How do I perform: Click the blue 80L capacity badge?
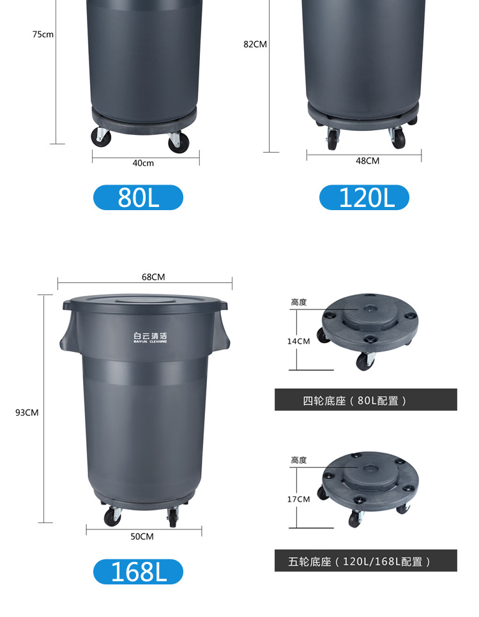pyautogui.click(x=138, y=197)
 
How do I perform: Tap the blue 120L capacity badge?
pyautogui.click(x=364, y=197)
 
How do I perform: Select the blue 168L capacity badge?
pyautogui.click(x=138, y=572)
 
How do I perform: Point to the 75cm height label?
pyautogui.click(x=43, y=34)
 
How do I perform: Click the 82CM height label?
pyautogui.click(x=255, y=44)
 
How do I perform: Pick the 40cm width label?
pyautogui.click(x=143, y=163)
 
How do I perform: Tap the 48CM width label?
pyautogui.click(x=368, y=160)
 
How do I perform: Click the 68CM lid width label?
pyautogui.click(x=153, y=277)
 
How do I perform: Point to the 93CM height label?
pyautogui.click(x=27, y=413)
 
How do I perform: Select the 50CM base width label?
pyautogui.click(x=142, y=537)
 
